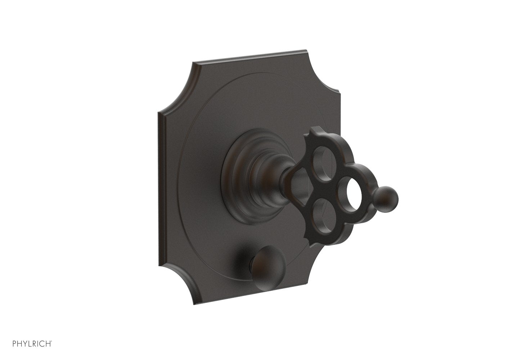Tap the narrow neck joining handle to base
(286, 180)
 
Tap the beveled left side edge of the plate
(158, 180)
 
